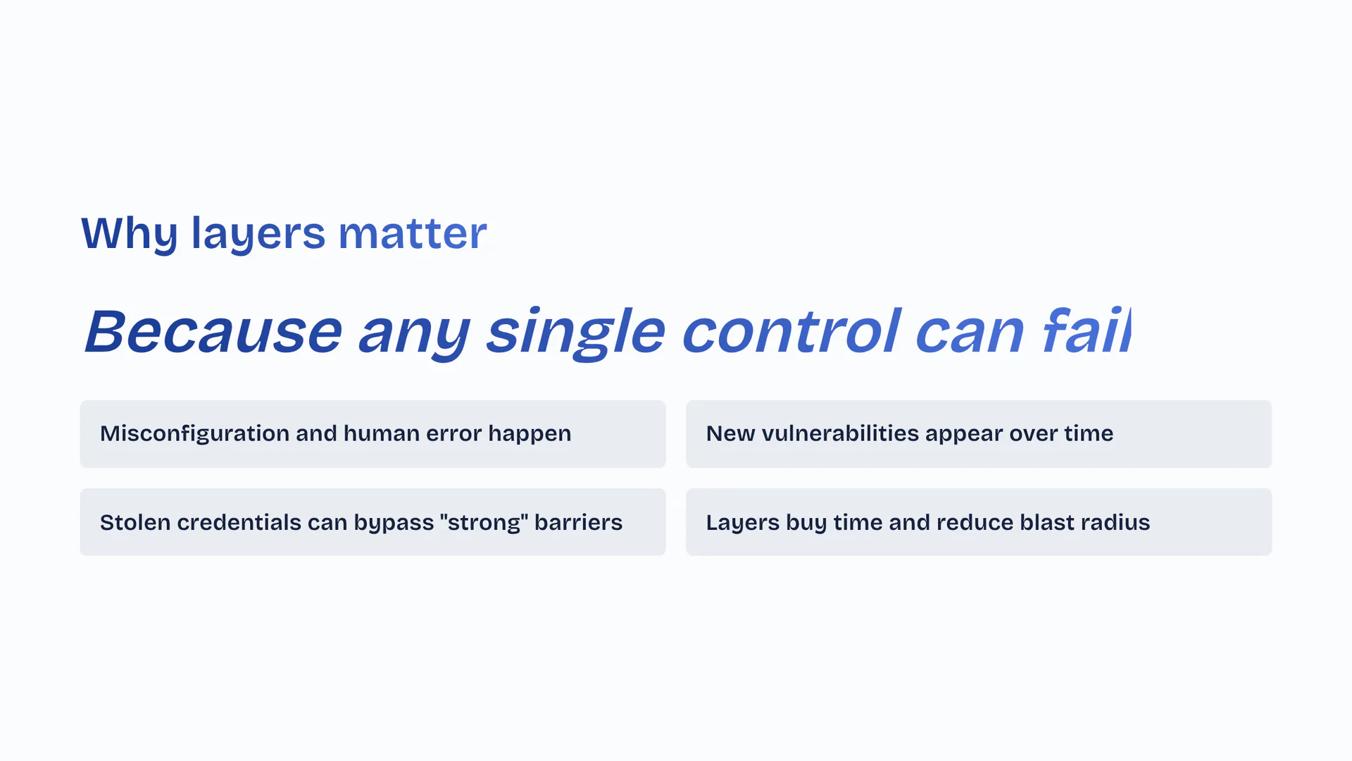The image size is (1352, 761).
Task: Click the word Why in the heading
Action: (130, 233)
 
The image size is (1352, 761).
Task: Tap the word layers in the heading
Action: (258, 233)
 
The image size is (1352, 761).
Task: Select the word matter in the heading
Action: (413, 233)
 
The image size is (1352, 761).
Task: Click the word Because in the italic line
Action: (213, 331)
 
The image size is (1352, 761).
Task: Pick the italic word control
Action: (791, 330)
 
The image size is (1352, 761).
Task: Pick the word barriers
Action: (578, 522)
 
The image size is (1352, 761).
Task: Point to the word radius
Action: (1115, 522)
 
